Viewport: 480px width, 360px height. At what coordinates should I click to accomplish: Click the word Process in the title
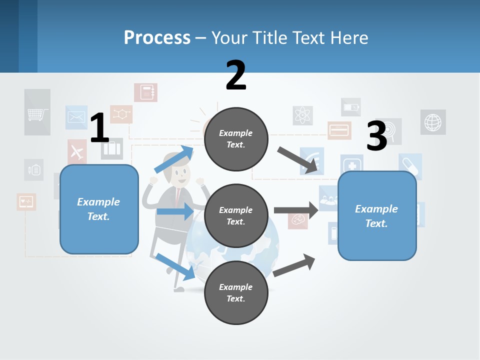pos(157,37)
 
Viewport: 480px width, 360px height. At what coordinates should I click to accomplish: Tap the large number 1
pos(99,128)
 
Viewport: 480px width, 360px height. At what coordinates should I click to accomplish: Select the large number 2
pos(236,75)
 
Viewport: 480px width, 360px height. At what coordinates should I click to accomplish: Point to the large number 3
pos(377,135)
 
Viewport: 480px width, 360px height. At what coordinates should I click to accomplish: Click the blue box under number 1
pos(99,209)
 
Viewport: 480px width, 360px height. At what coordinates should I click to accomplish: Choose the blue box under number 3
pos(377,215)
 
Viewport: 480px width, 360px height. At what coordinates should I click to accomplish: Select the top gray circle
pos(236,138)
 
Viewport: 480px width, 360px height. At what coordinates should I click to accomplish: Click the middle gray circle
pos(236,215)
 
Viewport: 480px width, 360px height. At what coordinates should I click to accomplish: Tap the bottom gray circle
pos(236,292)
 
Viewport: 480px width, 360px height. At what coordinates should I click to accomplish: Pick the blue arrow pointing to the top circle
pos(174,159)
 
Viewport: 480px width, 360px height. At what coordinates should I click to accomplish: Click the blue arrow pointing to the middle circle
pos(175,211)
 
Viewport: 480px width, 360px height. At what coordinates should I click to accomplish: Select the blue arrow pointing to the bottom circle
pos(175,266)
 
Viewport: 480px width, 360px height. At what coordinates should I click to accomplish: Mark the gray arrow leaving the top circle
pos(298,160)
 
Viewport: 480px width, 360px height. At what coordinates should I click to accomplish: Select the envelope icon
pos(76,117)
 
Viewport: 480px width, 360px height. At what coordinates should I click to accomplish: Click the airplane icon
pos(77,151)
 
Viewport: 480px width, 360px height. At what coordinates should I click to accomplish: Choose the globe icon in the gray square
pos(432,122)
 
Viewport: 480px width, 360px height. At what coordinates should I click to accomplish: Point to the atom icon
pos(302,115)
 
